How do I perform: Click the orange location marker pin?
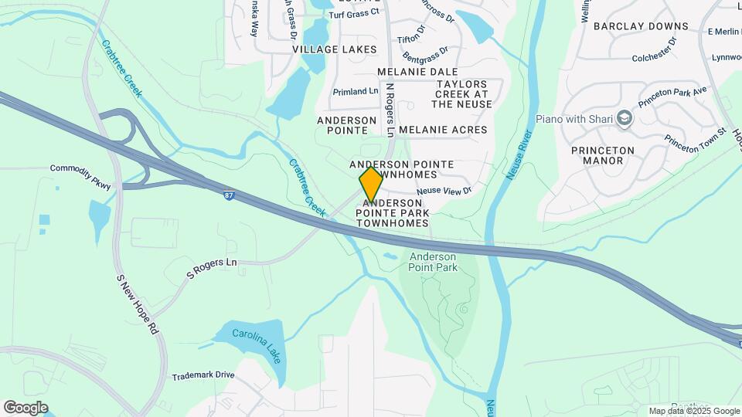coord(371,185)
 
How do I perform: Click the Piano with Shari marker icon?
coord(625,118)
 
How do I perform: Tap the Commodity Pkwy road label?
coord(80,177)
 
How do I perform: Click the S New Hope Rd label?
coord(138,303)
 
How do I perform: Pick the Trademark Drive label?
coord(203,375)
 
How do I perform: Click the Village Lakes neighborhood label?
coord(335,49)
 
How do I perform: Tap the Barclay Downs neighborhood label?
coord(641,26)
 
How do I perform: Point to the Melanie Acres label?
coord(444,130)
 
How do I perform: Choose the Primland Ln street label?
coord(356,91)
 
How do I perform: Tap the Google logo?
coord(25,407)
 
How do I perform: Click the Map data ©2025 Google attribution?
coord(694,411)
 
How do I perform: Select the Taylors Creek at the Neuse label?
coord(462,93)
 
